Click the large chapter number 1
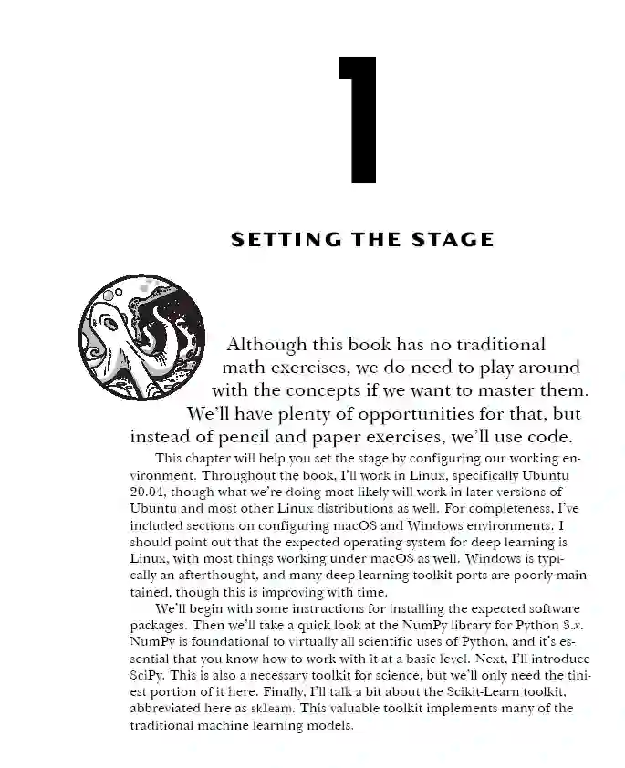358,119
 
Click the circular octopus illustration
141,340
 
